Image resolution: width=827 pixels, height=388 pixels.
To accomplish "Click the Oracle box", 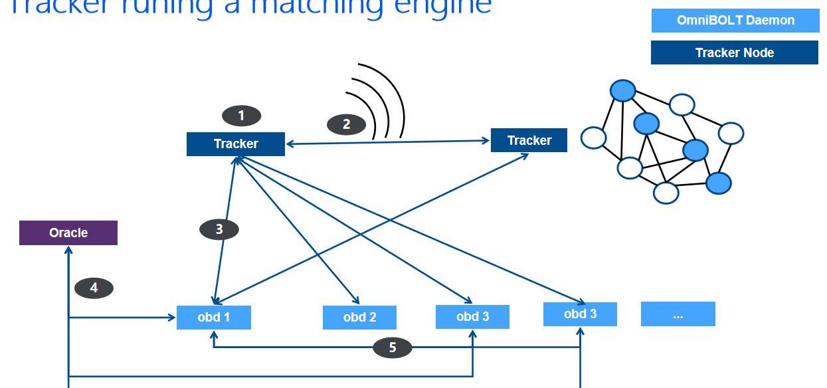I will [x=68, y=233].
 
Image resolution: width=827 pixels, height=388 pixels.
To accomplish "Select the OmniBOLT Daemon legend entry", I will [x=735, y=21].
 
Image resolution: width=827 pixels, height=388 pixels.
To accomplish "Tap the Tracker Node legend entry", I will [x=735, y=53].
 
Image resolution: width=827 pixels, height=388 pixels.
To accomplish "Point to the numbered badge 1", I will [x=241, y=116].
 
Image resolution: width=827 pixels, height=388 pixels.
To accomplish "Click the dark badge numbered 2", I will [x=346, y=124].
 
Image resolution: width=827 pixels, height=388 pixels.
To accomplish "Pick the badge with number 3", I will [x=219, y=230].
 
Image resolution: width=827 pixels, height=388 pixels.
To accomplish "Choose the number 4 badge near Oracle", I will [x=94, y=288].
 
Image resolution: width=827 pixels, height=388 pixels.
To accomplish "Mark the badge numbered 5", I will [x=392, y=347].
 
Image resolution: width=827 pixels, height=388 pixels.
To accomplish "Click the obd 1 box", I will [x=214, y=318].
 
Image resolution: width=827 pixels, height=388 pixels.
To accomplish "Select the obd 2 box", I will [x=359, y=318].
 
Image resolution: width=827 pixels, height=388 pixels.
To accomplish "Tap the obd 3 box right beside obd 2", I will [x=472, y=317].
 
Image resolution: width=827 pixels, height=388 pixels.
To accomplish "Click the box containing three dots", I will [x=678, y=314].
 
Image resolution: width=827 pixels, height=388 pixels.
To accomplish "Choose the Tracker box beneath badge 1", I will [x=236, y=144].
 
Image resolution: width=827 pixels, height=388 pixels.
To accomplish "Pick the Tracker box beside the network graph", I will [x=529, y=140].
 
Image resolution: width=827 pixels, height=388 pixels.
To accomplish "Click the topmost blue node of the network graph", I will [x=622, y=90].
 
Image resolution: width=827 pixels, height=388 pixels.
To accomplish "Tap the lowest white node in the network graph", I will [x=666, y=193].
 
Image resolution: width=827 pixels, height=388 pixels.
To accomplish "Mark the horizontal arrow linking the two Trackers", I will [x=388, y=142].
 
